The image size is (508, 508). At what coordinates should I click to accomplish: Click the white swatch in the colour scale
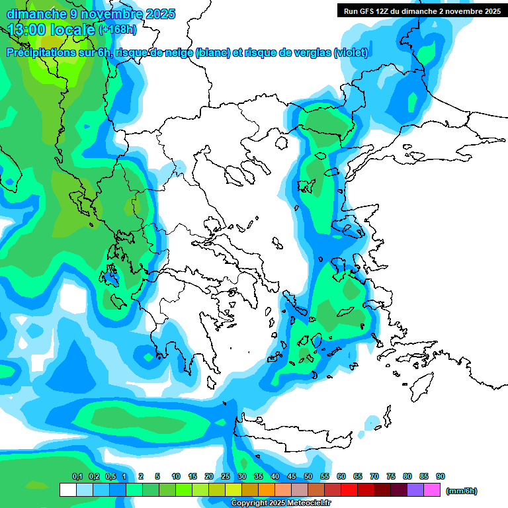67,489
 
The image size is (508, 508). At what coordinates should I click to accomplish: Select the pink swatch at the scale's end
432,489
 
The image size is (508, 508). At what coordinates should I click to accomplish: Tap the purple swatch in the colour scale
415,489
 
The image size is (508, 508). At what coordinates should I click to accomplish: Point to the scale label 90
441,477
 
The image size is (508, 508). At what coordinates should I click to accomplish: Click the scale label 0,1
77,477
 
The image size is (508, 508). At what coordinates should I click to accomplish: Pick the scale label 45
292,477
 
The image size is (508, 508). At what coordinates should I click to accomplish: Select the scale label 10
176,477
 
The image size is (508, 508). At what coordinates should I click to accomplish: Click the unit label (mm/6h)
461,491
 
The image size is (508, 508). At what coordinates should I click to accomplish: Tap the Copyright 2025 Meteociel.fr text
280,503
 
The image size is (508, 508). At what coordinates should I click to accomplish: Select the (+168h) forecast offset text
118,29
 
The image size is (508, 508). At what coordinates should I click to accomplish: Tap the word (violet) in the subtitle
351,53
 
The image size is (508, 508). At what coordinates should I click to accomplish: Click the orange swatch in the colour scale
267,489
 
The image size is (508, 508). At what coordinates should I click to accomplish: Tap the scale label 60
341,477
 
